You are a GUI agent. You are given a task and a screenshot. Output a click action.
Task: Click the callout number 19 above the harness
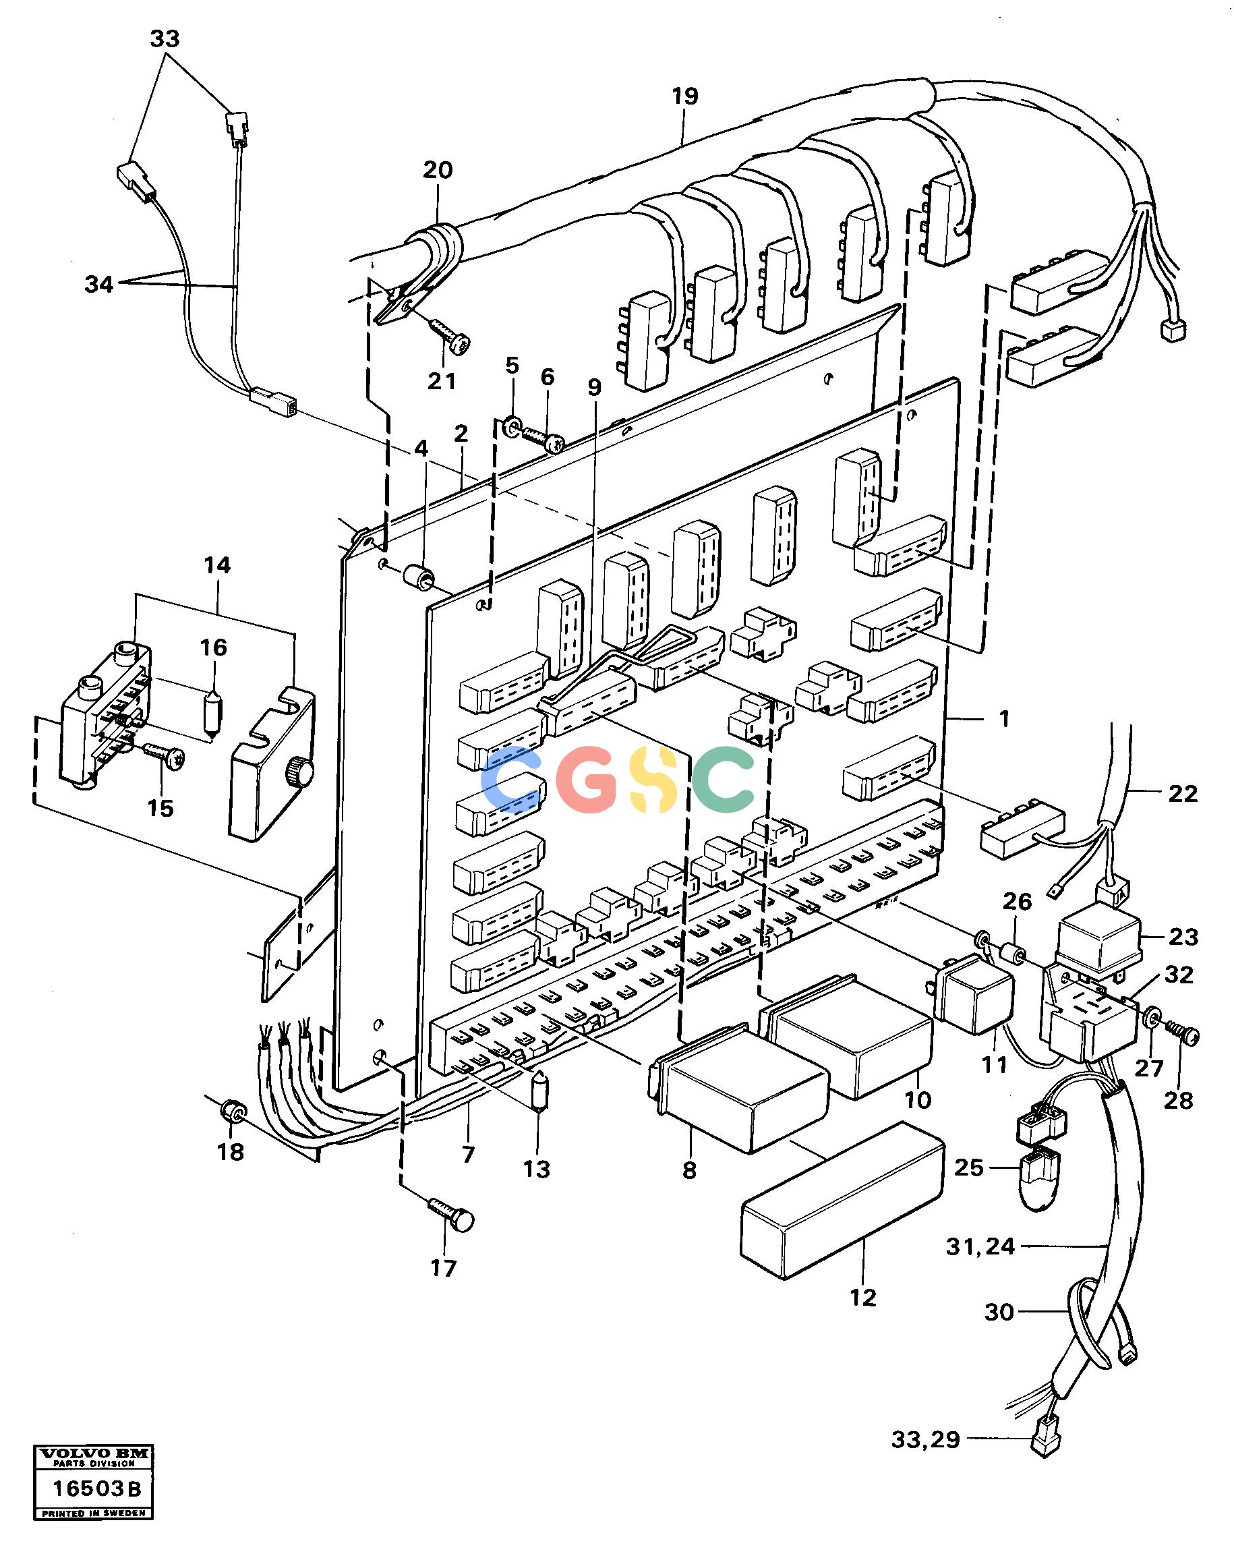click(684, 95)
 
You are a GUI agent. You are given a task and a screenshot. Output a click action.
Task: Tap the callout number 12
click(862, 1297)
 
